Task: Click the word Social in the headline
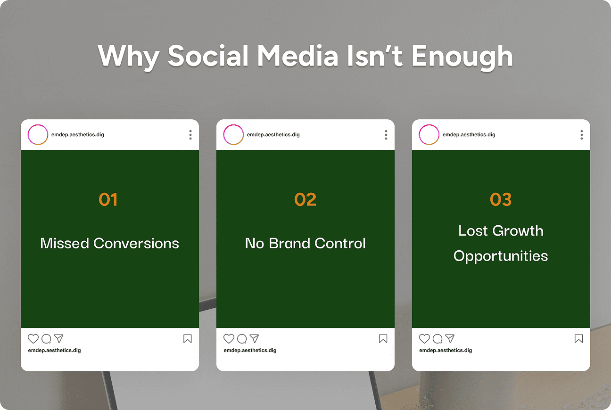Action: pyautogui.click(x=208, y=56)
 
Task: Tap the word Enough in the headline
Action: pyautogui.click(x=462, y=57)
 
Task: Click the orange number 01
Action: pyautogui.click(x=108, y=199)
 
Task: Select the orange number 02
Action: pyautogui.click(x=305, y=199)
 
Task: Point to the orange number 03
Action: pyautogui.click(x=501, y=199)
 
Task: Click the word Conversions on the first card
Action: pyautogui.click(x=136, y=243)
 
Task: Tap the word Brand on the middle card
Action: pyautogui.click(x=289, y=243)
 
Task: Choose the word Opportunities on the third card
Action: pyautogui.click(x=501, y=256)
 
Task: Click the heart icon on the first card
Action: pyautogui.click(x=33, y=338)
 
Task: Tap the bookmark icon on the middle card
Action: pyautogui.click(x=383, y=338)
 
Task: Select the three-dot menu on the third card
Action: pyautogui.click(x=582, y=135)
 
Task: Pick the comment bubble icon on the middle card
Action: pyautogui.click(x=242, y=338)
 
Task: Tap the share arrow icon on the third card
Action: pyautogui.click(x=450, y=338)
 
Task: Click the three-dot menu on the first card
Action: pyautogui.click(x=190, y=135)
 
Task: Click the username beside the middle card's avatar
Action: pyautogui.click(x=273, y=135)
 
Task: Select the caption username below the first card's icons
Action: pyautogui.click(x=54, y=350)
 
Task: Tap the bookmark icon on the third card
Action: pyautogui.click(x=579, y=338)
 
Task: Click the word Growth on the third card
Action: pyautogui.click(x=518, y=230)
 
